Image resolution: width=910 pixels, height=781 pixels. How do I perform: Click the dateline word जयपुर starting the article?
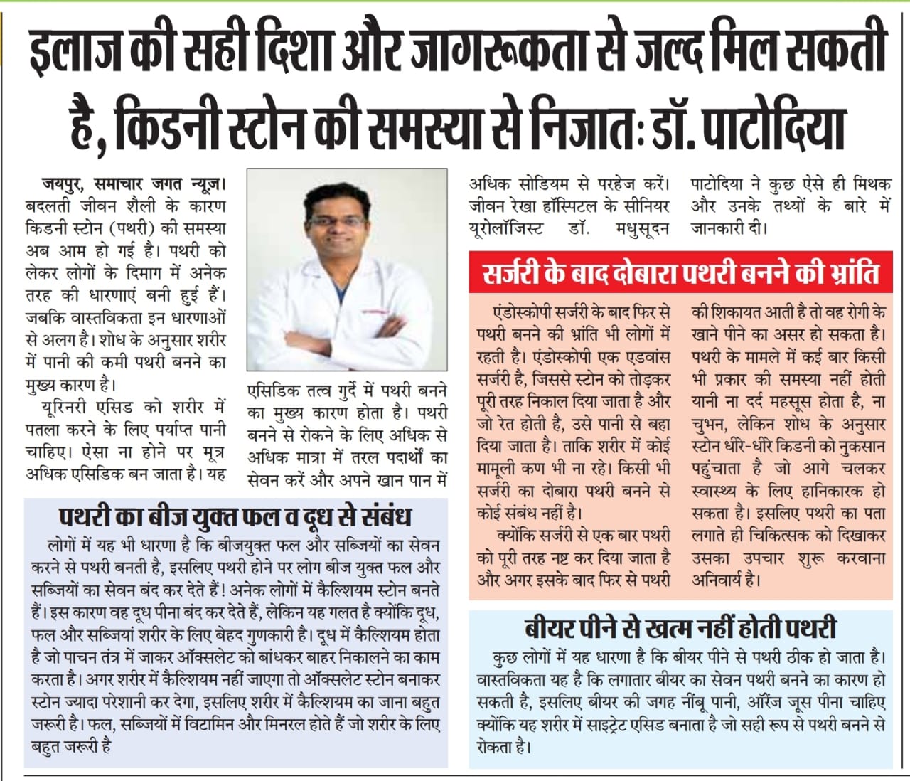[60, 184]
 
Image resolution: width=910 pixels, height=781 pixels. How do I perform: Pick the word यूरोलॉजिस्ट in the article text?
[505, 229]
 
